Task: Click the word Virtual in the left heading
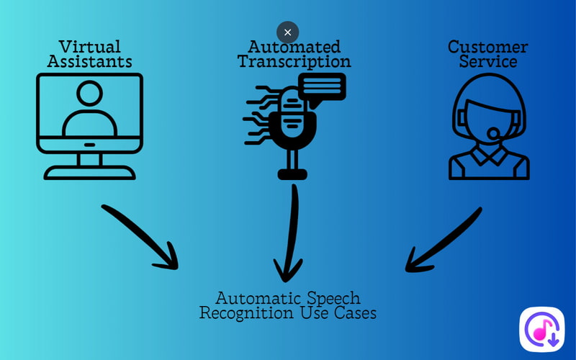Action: click(89, 48)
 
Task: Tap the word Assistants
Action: click(89, 62)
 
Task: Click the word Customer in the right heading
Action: click(487, 48)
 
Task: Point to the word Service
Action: click(488, 62)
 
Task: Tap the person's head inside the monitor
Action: click(89, 94)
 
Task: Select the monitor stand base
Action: click(89, 173)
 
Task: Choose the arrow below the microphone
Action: click(291, 234)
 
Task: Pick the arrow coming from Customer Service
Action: click(443, 241)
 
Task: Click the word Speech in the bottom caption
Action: click(332, 298)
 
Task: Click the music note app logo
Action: click(541, 330)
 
